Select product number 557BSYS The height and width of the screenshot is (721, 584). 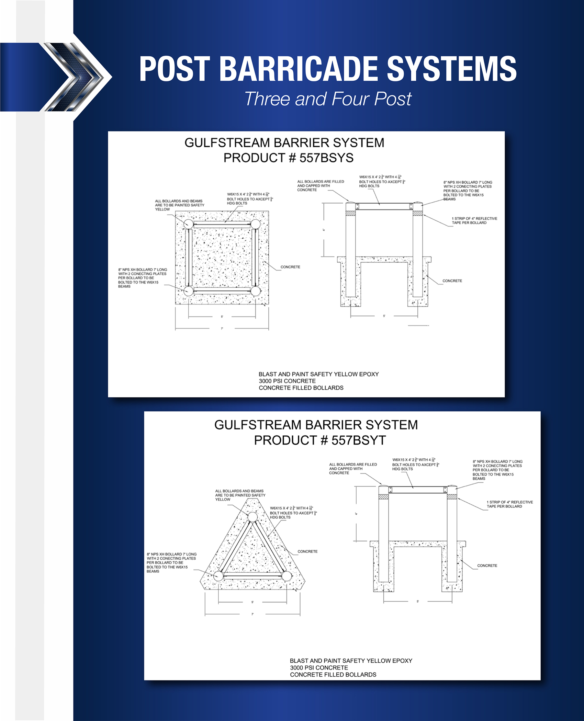[326, 158]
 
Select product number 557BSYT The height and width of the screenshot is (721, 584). [358, 440]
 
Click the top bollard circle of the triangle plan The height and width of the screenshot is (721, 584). [252, 517]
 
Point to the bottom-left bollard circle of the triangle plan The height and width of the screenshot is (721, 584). [218, 576]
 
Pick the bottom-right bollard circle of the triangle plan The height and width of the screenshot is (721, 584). [287, 576]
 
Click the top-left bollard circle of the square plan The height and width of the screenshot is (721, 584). [188, 224]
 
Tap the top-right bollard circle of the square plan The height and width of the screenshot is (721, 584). [255, 224]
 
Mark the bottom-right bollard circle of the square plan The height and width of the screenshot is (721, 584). [255, 291]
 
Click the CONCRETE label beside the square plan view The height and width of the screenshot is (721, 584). [290, 267]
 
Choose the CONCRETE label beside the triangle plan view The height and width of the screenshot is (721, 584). [307, 551]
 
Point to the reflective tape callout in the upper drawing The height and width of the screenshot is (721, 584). [474, 220]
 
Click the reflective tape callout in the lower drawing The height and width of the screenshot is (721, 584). [509, 504]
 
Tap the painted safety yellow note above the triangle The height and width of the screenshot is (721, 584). [240, 495]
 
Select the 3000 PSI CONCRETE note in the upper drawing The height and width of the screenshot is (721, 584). [287, 381]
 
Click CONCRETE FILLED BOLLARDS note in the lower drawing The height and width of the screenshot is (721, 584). [333, 675]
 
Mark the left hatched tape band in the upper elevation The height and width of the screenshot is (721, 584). [350, 213]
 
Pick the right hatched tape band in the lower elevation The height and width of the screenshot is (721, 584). [452, 497]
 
